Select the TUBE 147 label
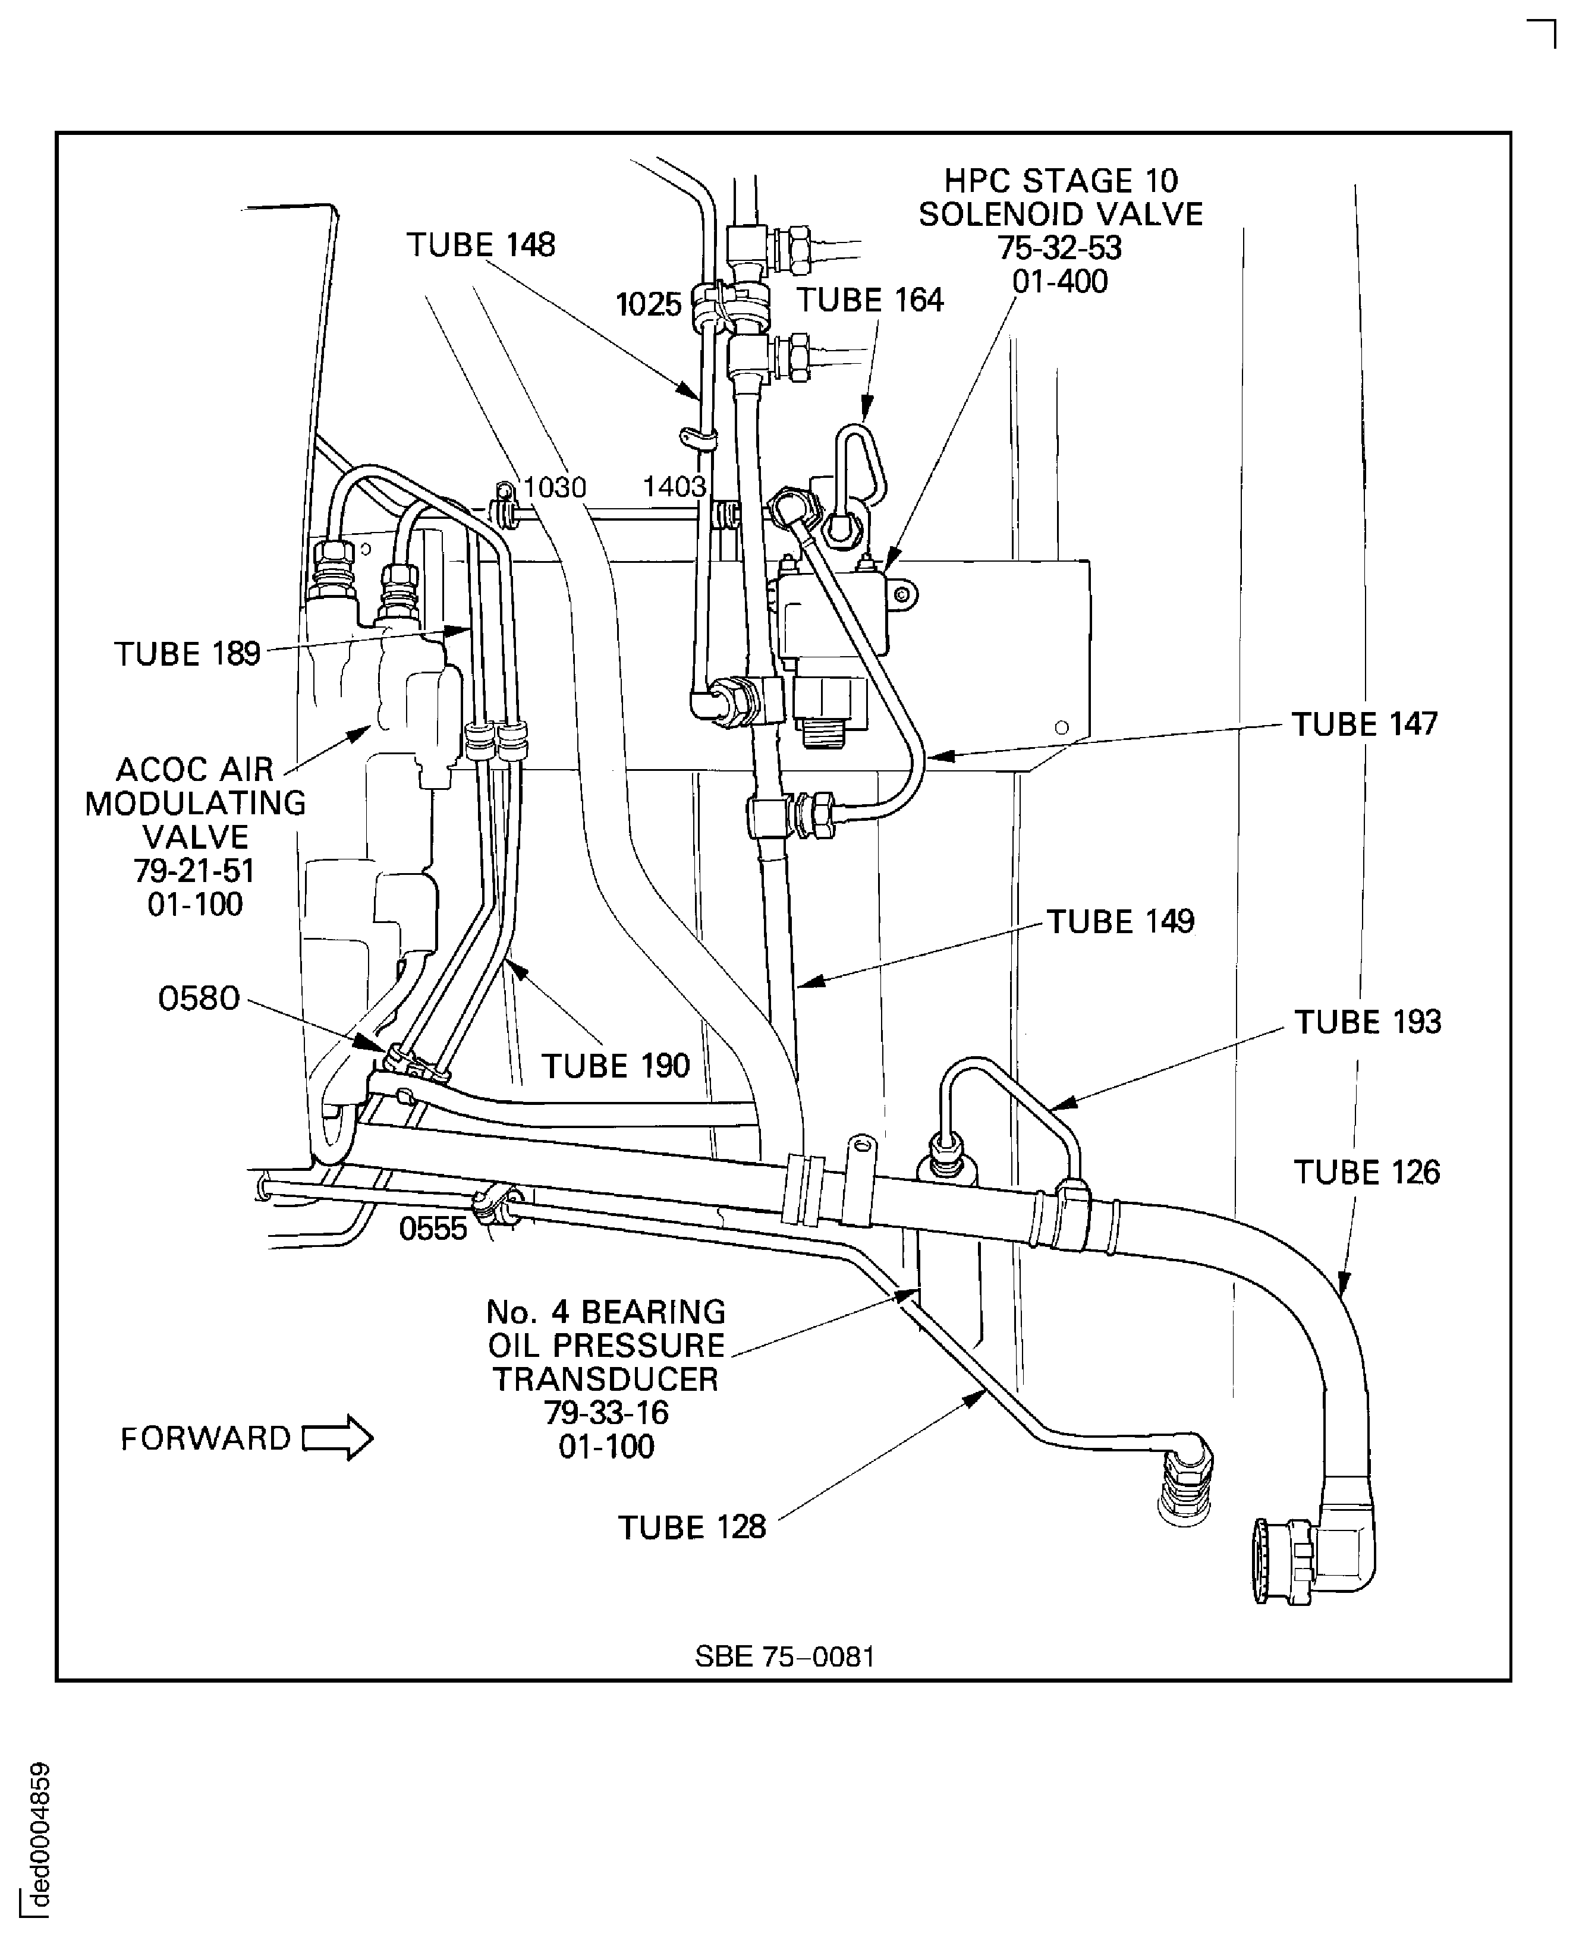1364,725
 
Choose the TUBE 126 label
1366,1173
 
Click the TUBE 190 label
615,1066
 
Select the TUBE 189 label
187,654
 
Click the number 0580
198,999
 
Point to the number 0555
432,1229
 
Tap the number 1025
647,305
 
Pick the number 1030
554,487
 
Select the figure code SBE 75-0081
784,1656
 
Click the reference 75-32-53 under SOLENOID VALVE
1059,248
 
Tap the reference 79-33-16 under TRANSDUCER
606,1413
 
